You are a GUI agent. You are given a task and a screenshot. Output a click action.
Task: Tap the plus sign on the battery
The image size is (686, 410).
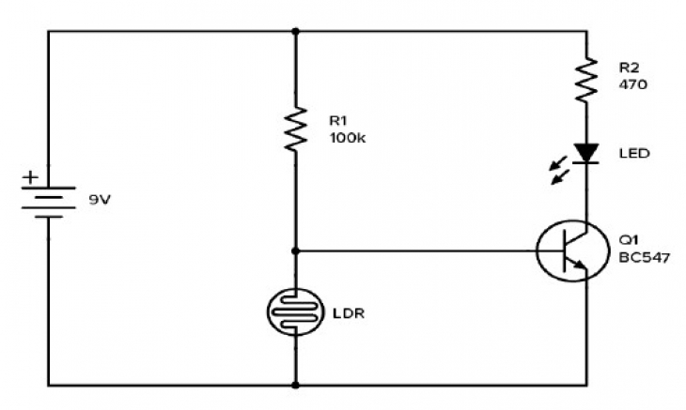(x=31, y=176)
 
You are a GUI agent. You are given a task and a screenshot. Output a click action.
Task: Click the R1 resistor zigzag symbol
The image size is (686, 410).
(x=296, y=129)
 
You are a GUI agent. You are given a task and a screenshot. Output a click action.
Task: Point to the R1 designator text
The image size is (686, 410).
(x=338, y=120)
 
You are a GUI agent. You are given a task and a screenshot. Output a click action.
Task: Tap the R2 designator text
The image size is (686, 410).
(x=629, y=68)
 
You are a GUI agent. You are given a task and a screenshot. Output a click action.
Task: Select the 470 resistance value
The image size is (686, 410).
(x=631, y=84)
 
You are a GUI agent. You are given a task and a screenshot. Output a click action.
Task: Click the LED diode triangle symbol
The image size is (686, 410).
(x=586, y=153)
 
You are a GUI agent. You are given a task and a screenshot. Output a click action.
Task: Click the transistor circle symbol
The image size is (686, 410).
(x=569, y=251)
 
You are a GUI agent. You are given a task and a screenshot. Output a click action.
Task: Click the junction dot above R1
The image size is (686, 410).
(x=296, y=30)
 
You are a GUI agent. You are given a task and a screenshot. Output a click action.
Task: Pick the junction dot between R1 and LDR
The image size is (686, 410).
(x=296, y=251)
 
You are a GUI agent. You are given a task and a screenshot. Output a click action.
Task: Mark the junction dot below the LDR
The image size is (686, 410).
(x=296, y=385)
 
